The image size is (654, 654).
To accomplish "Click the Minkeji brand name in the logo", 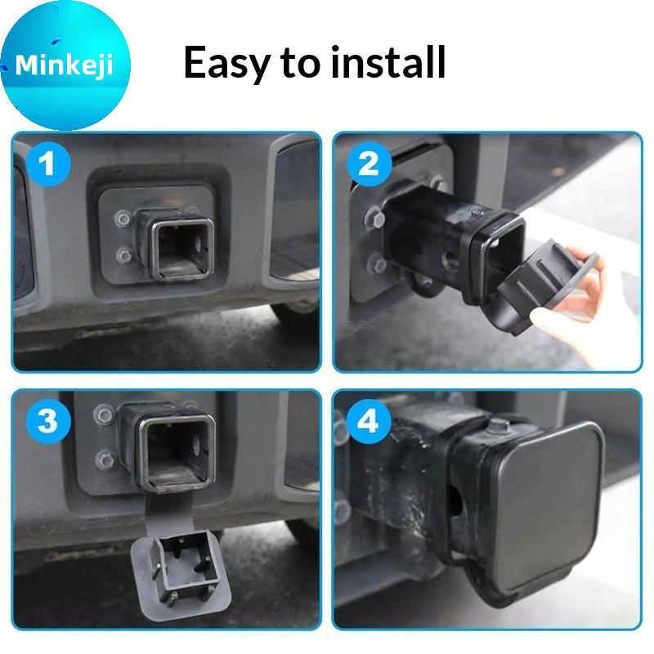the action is click(x=64, y=65).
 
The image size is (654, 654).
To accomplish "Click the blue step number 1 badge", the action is click(x=48, y=163).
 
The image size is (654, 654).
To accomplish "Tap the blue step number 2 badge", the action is click(x=370, y=163).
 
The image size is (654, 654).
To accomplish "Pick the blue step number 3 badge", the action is click(x=48, y=420).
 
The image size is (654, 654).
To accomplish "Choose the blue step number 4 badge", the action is click(x=370, y=420).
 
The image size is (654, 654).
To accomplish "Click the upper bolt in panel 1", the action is click(x=123, y=218).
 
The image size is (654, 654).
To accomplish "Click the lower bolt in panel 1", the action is click(x=124, y=254).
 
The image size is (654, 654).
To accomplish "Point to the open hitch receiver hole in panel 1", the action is click(x=181, y=249).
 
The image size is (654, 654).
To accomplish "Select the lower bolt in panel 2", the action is click(x=378, y=264).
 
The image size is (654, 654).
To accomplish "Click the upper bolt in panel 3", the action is click(x=103, y=414).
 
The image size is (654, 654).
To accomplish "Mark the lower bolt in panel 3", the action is click(x=105, y=459).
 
